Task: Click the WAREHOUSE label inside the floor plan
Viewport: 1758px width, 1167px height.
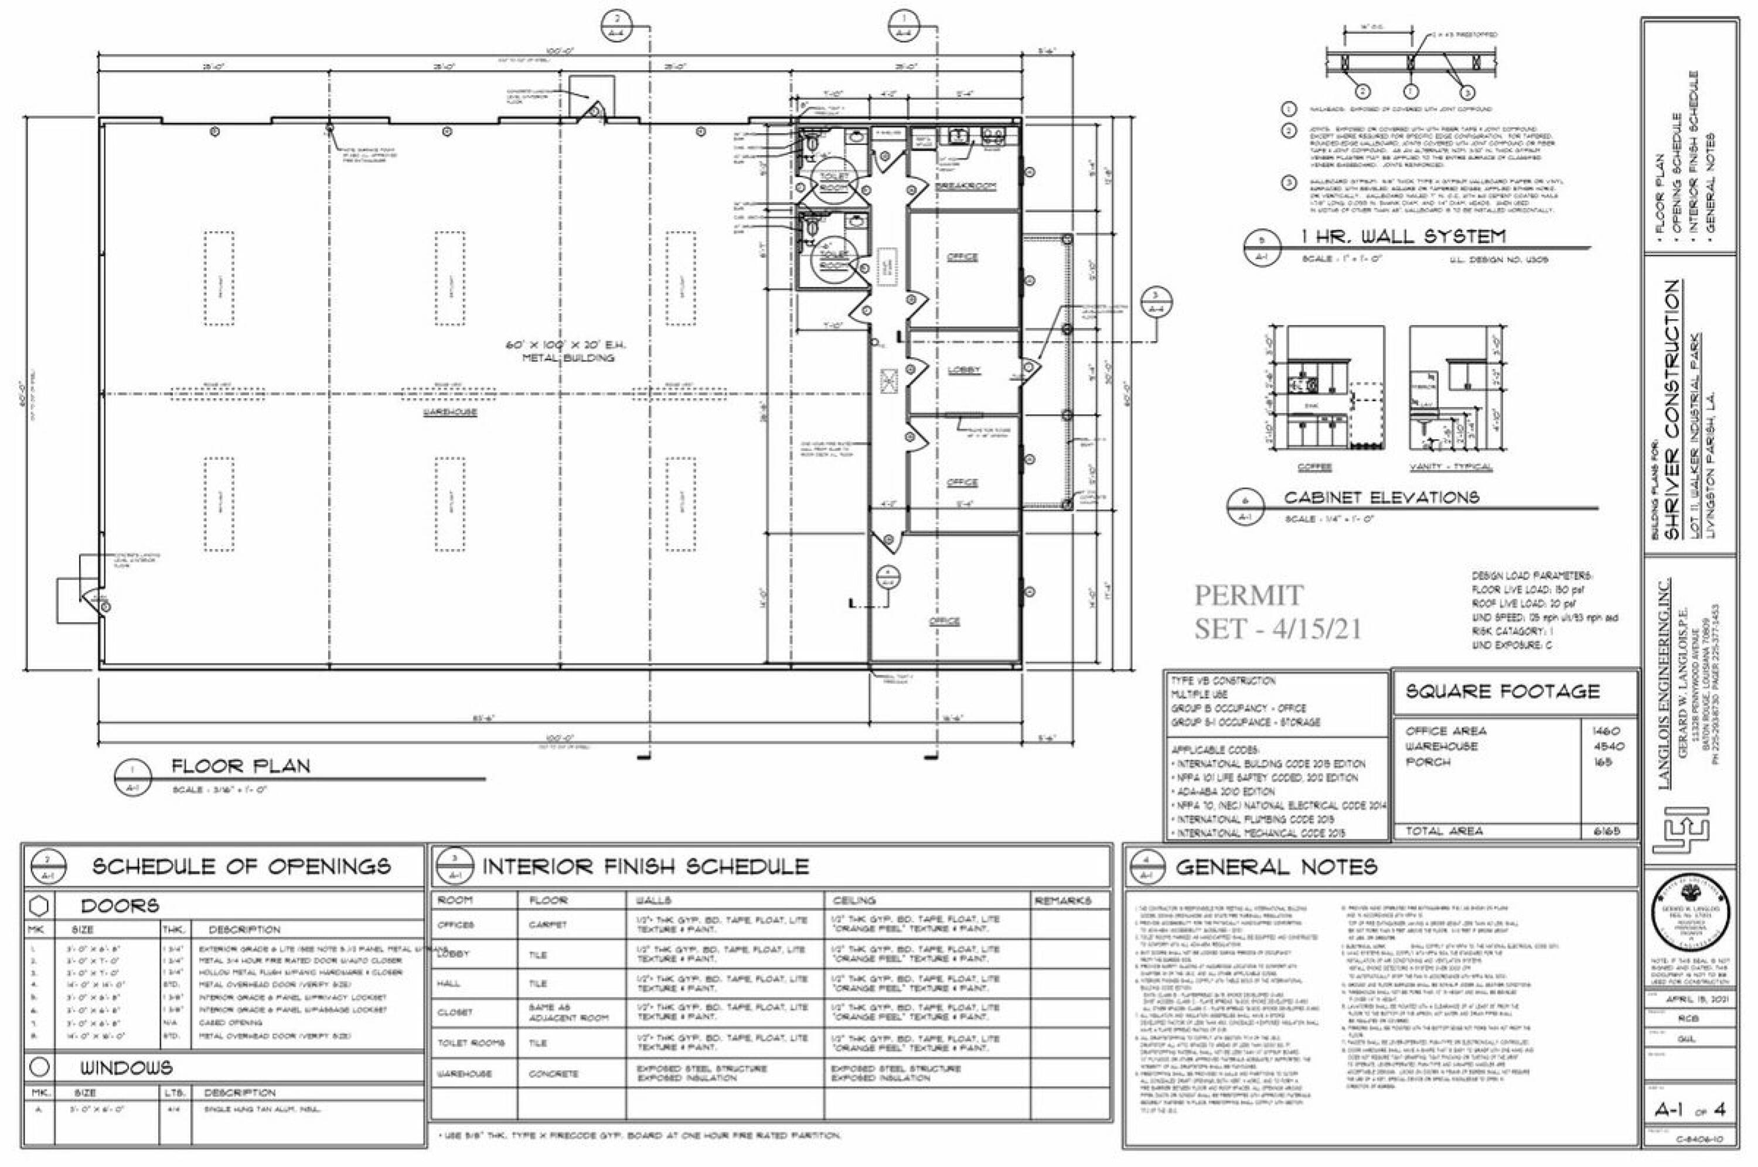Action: click(449, 412)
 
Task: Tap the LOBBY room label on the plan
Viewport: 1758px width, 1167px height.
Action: click(964, 370)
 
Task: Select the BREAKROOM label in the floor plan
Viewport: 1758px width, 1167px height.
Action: click(966, 186)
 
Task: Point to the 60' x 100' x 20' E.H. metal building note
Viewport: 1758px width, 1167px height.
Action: click(567, 351)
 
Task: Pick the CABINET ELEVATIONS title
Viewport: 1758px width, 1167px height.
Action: click(1381, 497)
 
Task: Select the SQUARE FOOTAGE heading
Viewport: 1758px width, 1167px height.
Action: click(1503, 692)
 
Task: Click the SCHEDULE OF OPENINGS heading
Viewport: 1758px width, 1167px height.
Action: click(241, 866)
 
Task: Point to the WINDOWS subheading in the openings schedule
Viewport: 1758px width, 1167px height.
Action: click(127, 1067)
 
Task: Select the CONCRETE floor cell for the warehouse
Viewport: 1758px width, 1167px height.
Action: click(553, 1074)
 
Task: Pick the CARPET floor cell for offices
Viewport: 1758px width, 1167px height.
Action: click(548, 925)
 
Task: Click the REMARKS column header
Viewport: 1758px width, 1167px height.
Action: click(1062, 901)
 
